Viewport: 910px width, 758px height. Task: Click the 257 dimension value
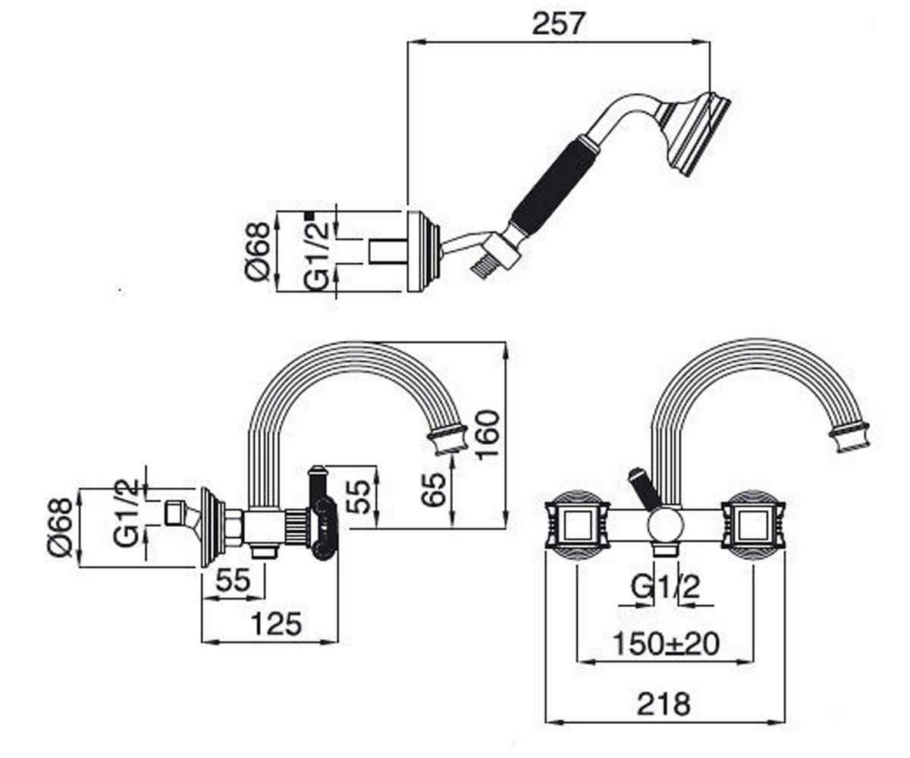click(557, 23)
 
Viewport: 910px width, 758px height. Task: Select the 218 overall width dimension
click(664, 703)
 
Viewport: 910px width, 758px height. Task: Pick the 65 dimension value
click(434, 490)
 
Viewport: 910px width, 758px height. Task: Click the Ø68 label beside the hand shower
click(258, 252)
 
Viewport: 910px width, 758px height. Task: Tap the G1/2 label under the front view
click(665, 587)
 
